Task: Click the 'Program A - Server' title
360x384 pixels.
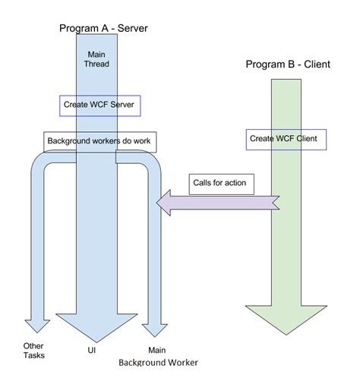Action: pos(103,28)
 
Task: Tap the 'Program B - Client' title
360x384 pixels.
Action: pos(288,65)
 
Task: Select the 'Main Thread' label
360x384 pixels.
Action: pos(96,58)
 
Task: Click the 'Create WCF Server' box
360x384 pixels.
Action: pos(100,104)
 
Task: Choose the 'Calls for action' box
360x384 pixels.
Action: pos(219,183)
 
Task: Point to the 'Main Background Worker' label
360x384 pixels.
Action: pos(157,356)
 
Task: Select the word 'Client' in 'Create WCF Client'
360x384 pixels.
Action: pos(307,139)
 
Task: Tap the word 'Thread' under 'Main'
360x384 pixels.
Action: pos(96,64)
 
